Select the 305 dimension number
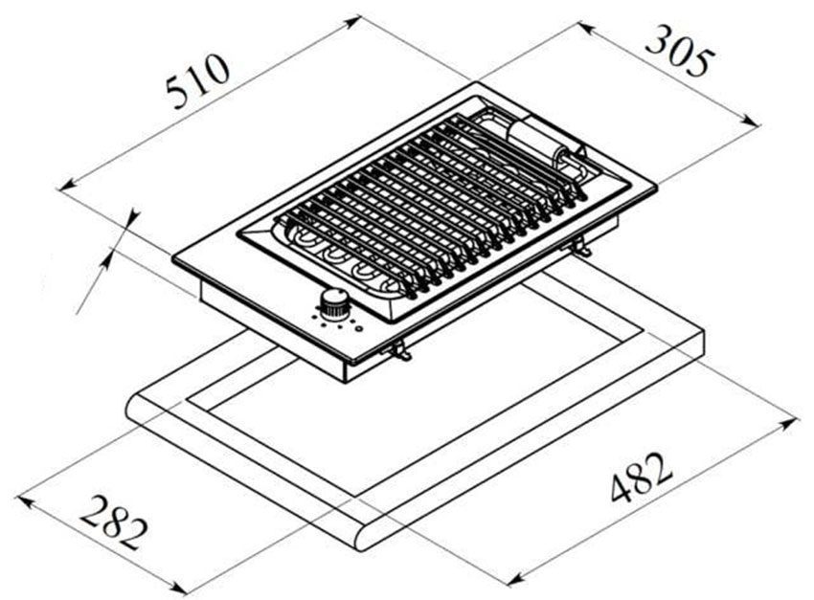[679, 52]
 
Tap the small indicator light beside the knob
[358, 329]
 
